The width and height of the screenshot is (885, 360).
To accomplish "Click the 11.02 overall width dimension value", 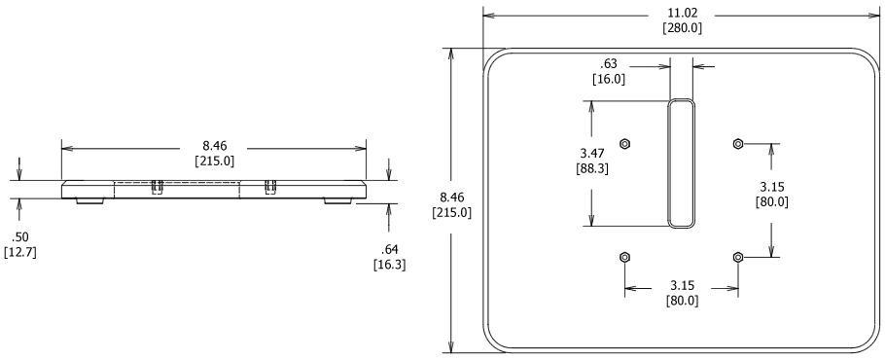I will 682,14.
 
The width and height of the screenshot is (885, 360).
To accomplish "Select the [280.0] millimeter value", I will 682,28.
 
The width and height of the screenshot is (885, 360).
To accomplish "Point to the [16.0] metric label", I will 609,80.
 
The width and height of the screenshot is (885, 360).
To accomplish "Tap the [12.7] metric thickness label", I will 18,254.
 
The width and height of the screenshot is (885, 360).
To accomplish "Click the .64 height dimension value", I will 390,248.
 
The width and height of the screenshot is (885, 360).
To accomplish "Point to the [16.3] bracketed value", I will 390,263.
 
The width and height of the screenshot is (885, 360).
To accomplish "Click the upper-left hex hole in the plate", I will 624,144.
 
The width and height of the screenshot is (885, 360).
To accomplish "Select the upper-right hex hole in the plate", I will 737,144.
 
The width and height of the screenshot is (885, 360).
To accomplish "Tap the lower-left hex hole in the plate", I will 624,257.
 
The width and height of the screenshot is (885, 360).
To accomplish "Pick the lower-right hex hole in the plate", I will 737,257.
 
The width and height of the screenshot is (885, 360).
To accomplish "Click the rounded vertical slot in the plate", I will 682,162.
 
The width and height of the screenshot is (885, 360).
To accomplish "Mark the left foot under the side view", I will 88,200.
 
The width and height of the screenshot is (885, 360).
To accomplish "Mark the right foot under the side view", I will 338,200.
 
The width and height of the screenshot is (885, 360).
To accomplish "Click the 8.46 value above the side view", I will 214,147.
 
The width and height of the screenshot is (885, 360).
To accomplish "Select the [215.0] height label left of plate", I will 452,213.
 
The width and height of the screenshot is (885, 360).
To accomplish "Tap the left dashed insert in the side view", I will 157,188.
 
